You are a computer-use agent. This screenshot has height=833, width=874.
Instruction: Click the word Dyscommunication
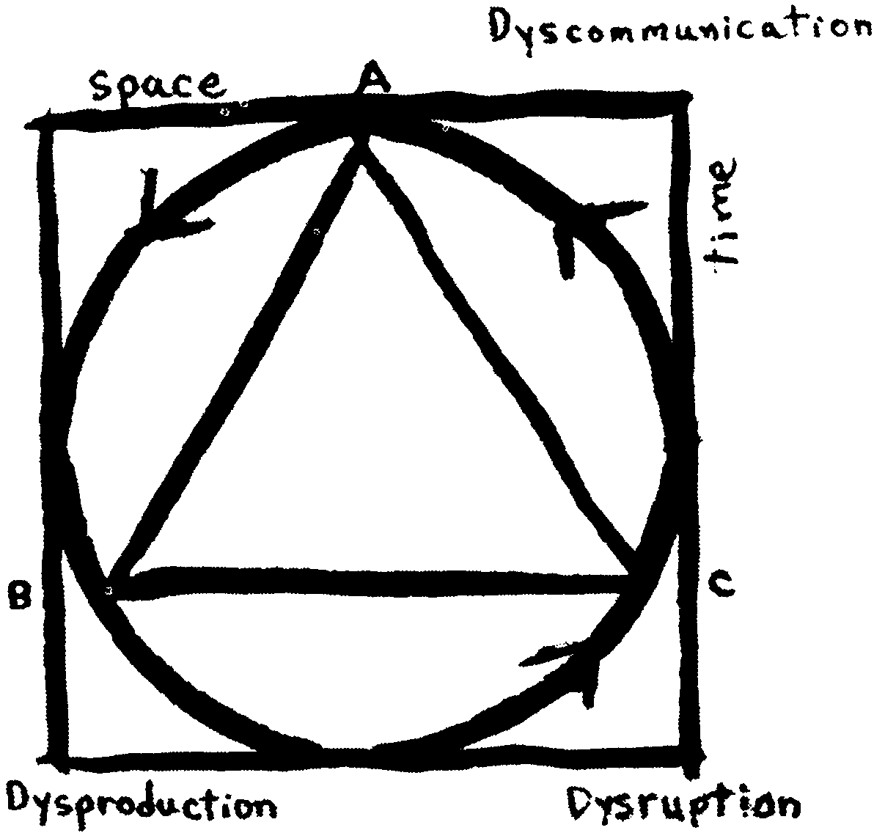tap(680, 28)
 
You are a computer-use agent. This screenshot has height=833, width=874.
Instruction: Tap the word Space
tap(159, 85)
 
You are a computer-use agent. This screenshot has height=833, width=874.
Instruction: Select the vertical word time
tap(721, 216)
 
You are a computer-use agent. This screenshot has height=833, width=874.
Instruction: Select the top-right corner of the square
tap(682, 100)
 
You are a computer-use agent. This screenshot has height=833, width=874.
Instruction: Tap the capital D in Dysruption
tap(583, 804)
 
